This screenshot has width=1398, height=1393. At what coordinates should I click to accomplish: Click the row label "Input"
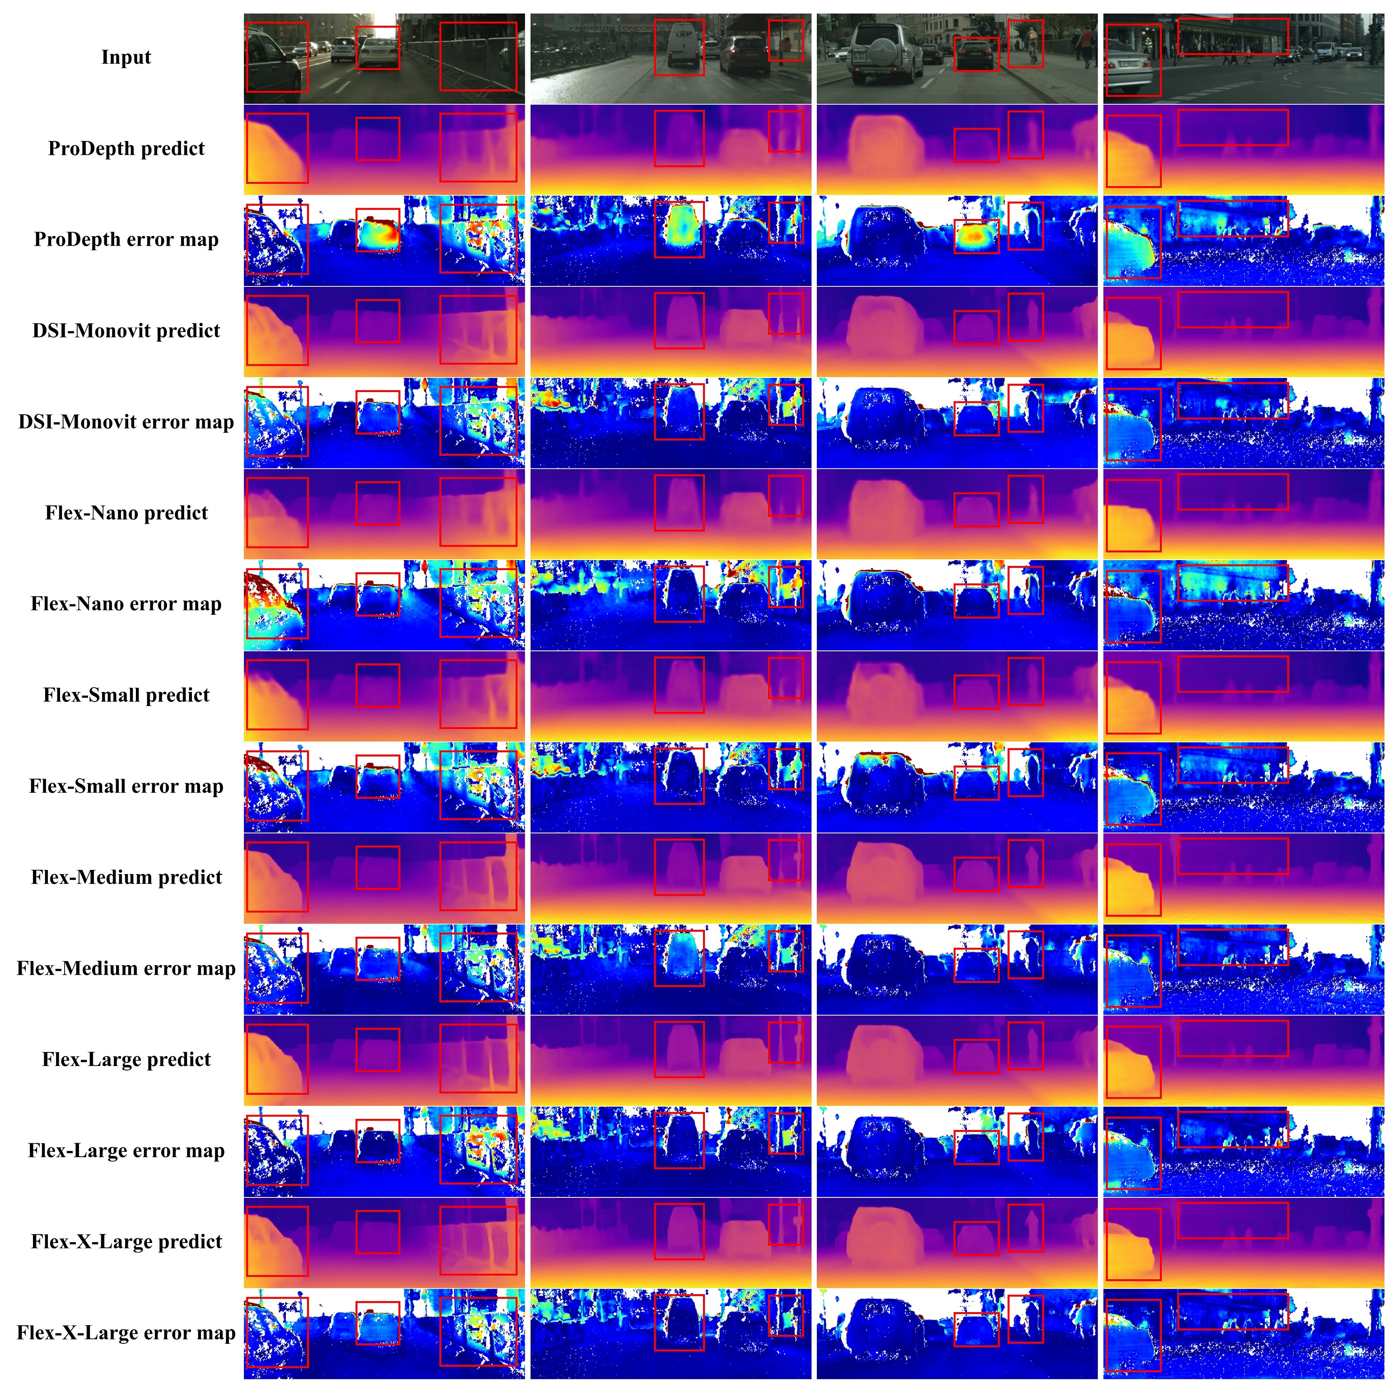point(126,57)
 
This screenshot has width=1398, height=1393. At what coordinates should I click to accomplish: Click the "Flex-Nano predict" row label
point(126,513)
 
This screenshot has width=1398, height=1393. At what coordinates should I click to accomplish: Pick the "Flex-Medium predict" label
point(126,878)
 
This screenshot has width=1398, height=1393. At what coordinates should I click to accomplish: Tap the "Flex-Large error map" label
point(126,1151)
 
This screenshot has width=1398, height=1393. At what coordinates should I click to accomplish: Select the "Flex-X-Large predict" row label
point(126,1243)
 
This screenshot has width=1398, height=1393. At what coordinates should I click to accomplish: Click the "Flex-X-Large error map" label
point(126,1334)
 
